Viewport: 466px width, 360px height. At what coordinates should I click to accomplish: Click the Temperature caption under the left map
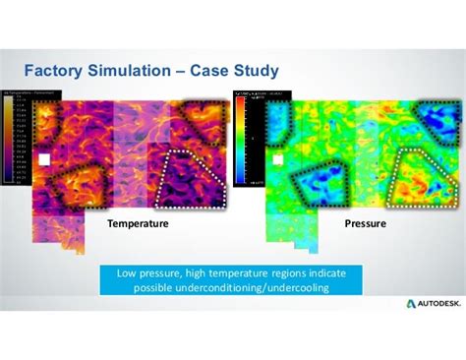coord(139,224)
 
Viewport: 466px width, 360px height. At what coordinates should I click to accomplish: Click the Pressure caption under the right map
coord(364,224)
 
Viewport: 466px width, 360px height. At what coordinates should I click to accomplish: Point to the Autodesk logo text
coord(430,303)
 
